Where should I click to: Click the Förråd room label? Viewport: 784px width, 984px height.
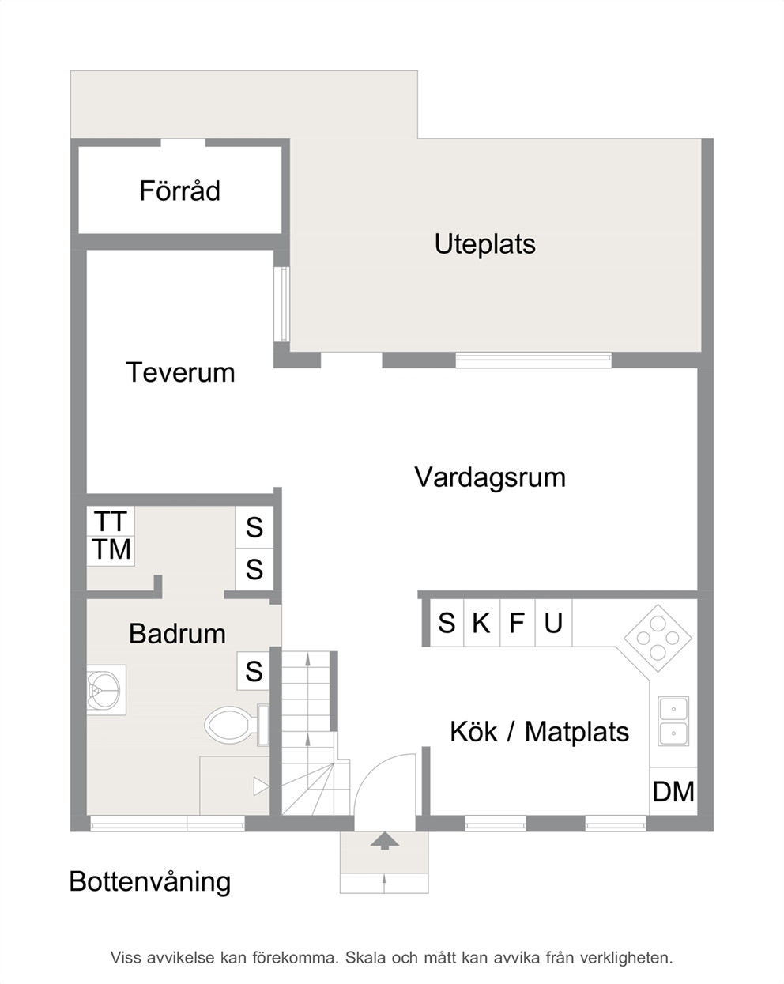[x=179, y=190]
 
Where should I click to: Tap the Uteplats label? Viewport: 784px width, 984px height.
[x=484, y=244]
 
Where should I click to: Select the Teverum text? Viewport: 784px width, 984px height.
[x=181, y=372]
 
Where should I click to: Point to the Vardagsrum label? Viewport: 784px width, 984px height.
[x=490, y=478]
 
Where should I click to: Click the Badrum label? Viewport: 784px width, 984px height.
[x=178, y=634]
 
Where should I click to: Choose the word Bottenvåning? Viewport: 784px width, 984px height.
[x=150, y=881]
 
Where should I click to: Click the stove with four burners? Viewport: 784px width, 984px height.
[x=658, y=638]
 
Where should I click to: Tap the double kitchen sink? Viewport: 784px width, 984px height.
[x=673, y=721]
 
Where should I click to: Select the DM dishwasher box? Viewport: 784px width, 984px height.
[x=673, y=791]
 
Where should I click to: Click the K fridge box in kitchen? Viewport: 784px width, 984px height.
[x=481, y=623]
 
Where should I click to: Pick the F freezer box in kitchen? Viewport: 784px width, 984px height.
[x=518, y=623]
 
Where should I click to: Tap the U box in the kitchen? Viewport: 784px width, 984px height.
[x=553, y=623]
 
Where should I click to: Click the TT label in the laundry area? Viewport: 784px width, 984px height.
[x=110, y=522]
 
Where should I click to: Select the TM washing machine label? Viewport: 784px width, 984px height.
[x=111, y=549]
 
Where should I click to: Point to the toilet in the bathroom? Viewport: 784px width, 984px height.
[x=236, y=725]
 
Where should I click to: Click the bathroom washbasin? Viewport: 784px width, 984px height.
[x=106, y=689]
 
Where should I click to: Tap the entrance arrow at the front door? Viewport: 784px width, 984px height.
[x=384, y=840]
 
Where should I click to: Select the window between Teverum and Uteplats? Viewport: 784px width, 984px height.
[x=282, y=304]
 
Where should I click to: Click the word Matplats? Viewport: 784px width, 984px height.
[x=577, y=732]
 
